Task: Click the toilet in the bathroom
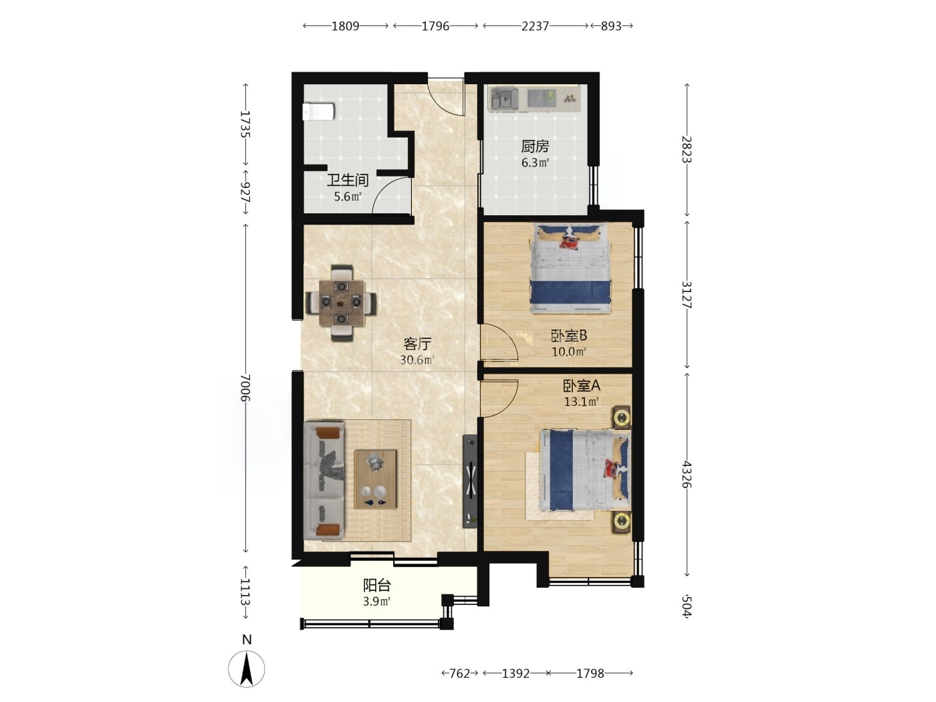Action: pos(318,112)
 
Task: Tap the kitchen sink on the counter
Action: pos(503,100)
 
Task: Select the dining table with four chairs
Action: pos(342,303)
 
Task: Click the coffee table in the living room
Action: pos(375,479)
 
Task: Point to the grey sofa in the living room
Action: pos(324,480)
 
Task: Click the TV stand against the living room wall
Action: pos(470,481)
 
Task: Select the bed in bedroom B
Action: pos(570,269)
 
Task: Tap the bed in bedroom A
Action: pos(585,470)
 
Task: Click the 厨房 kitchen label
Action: pos(535,146)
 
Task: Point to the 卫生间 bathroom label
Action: pos(348,181)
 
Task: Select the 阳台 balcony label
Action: pos(377,586)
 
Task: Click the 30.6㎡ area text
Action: pos(417,360)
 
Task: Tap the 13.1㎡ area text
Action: pos(582,401)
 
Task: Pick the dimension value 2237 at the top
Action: pos(535,26)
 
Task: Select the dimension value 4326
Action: pos(687,475)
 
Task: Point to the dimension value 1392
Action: pos(516,674)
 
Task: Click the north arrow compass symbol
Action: pos(247,669)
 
